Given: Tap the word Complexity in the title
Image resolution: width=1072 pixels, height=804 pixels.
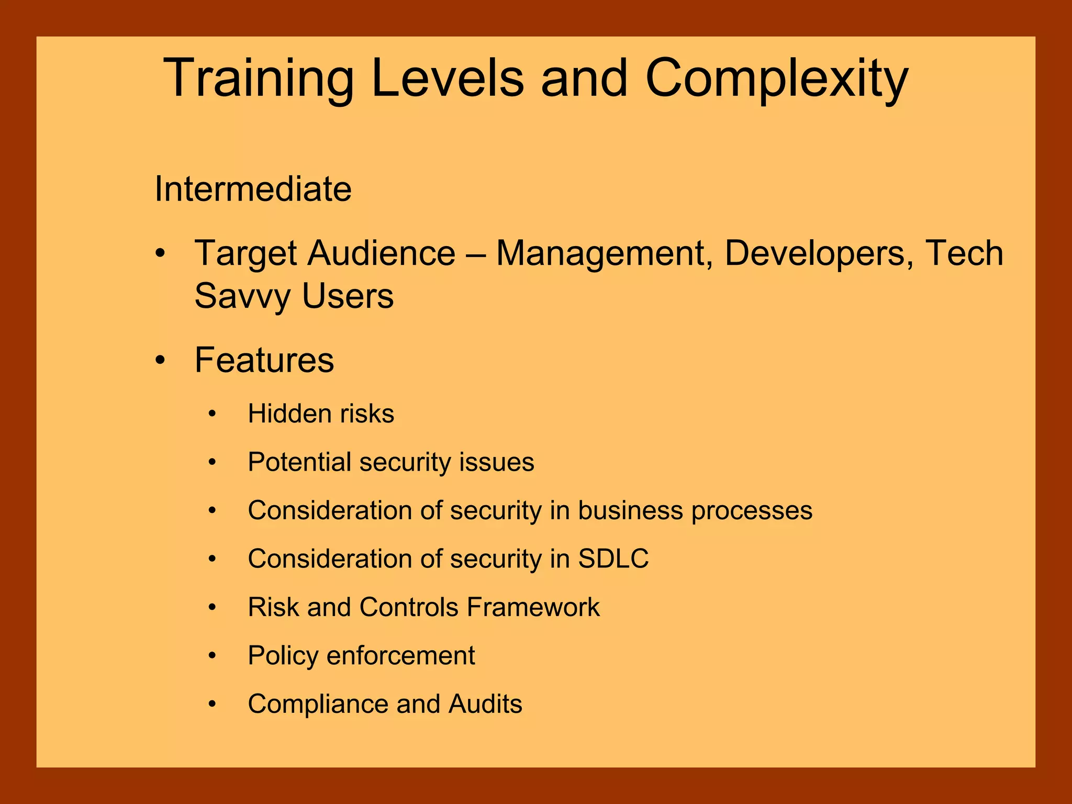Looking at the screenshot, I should click(x=777, y=79).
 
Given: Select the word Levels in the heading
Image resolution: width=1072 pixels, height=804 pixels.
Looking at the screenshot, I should click(x=448, y=79).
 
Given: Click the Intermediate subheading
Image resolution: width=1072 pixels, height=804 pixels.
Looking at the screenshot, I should click(x=253, y=189).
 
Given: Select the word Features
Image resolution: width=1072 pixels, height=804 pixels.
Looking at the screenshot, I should click(x=264, y=360).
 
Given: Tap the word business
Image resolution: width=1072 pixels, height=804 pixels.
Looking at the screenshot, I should click(x=630, y=510).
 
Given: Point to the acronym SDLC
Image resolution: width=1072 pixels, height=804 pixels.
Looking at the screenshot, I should click(x=613, y=559).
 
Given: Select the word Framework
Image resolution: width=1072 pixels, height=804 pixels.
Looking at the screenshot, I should click(x=533, y=607).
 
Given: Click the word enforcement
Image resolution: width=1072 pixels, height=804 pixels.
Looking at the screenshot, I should click(x=400, y=655).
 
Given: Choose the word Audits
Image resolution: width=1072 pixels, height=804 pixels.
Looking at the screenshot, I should click(x=485, y=704).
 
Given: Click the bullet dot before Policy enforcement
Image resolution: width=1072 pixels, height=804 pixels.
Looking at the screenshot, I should click(x=212, y=655).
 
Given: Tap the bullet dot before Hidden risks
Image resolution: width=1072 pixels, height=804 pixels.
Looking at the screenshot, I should click(x=212, y=414).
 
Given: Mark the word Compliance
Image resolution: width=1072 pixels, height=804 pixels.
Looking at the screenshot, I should click(x=318, y=704).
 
